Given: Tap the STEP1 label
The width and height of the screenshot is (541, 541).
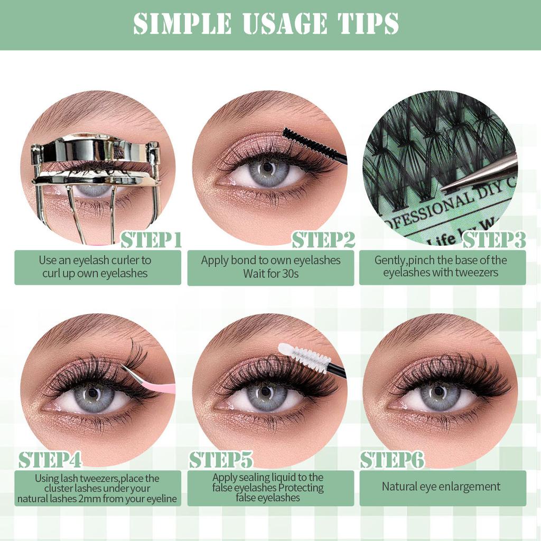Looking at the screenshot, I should coord(151,240).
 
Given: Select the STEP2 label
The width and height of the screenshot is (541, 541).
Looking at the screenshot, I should coord(323,240).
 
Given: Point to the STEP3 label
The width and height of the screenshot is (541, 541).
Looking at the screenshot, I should coord(494,240).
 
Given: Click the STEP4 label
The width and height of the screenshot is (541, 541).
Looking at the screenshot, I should coord(50,460).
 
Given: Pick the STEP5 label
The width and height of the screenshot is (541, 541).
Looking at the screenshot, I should coord(221,460).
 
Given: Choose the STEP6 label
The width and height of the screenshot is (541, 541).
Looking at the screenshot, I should coord(392,460).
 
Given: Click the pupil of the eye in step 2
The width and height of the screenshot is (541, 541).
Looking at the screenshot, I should coord(267,167).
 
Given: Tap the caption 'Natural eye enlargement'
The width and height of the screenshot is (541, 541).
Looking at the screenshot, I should coord(441,487).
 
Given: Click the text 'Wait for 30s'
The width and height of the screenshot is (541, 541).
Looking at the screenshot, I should coord(270,274).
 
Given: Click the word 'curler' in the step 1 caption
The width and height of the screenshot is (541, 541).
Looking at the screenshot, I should coord(124,260).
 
